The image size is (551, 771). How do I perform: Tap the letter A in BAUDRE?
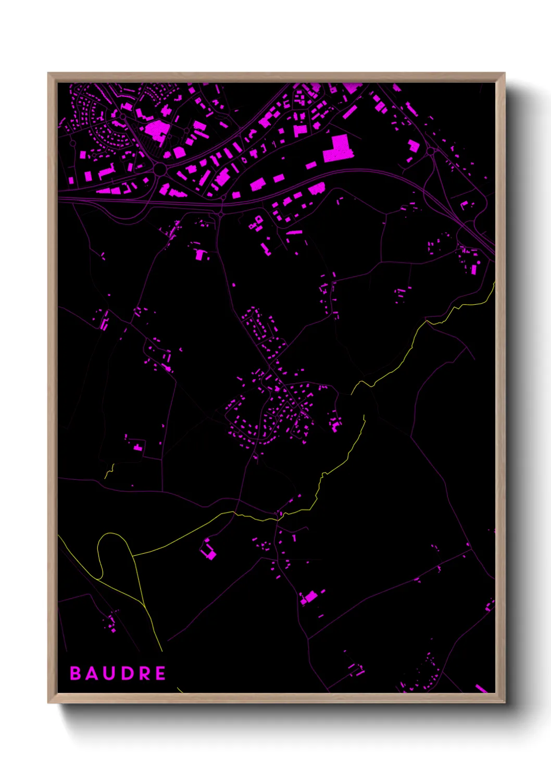92,673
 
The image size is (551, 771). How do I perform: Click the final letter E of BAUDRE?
160,673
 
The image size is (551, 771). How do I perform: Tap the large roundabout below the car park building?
160,169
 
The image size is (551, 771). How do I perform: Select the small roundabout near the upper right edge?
431,152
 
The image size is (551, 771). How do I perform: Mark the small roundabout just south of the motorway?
221,214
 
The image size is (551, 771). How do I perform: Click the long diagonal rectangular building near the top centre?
349,111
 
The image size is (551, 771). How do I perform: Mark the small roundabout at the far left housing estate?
73,142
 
